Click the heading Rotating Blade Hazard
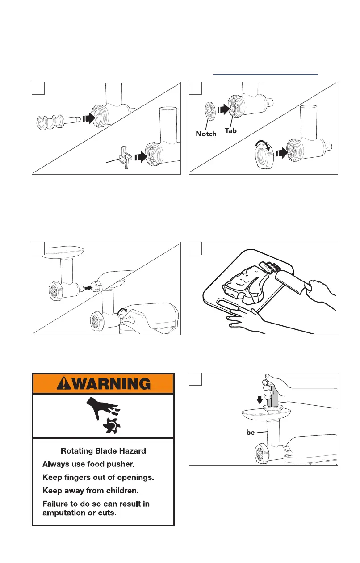103,451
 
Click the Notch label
206,134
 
